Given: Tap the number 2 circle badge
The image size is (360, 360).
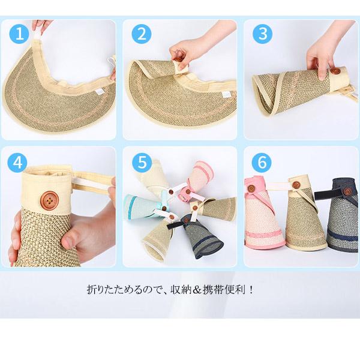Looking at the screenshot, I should click(x=142, y=34).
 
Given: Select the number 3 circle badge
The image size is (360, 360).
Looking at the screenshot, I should click(x=262, y=34).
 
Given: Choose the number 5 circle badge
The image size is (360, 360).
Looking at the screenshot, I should click(x=142, y=163).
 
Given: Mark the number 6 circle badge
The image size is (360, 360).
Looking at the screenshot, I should click(x=262, y=163).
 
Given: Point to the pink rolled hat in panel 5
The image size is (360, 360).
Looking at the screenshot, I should click(x=201, y=177).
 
